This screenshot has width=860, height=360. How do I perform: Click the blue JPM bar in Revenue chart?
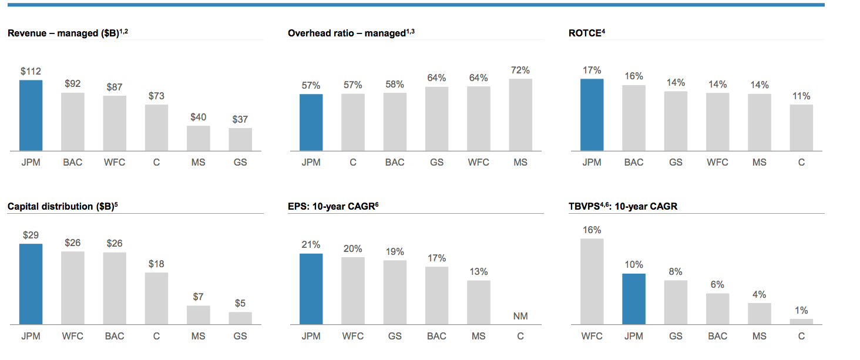coord(31,115)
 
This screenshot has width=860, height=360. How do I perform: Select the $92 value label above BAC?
coord(72,83)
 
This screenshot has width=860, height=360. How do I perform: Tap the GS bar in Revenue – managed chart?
coord(240,140)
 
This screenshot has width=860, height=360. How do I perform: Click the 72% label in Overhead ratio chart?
coord(520,69)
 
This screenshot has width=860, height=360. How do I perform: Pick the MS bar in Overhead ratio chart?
coord(520,115)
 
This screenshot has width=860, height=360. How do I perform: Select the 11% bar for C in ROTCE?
coord(801,127)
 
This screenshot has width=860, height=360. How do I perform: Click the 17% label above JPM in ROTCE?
coord(592,69)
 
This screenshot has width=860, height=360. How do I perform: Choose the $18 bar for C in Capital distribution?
coord(156,298)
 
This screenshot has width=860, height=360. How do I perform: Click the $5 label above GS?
coord(240,303)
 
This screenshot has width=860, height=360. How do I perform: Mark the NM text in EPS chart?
coord(520,316)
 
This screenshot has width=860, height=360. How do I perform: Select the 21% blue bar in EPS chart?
coord(311,289)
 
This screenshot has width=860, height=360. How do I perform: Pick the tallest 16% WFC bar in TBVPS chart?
coord(592,281)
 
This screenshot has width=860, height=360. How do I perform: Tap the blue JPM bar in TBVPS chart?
coord(634,299)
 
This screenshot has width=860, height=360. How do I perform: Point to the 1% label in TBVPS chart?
coord(801,310)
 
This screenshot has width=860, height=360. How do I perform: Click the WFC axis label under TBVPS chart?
coord(592,337)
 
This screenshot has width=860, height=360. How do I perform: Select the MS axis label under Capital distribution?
coord(199,337)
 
